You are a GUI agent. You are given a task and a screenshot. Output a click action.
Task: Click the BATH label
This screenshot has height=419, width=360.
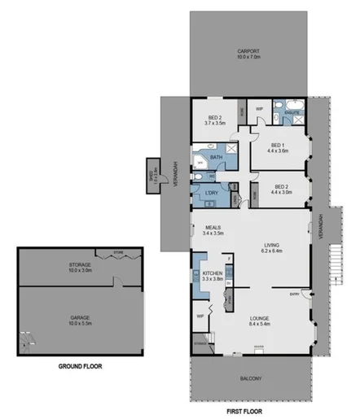(x=217, y=156)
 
